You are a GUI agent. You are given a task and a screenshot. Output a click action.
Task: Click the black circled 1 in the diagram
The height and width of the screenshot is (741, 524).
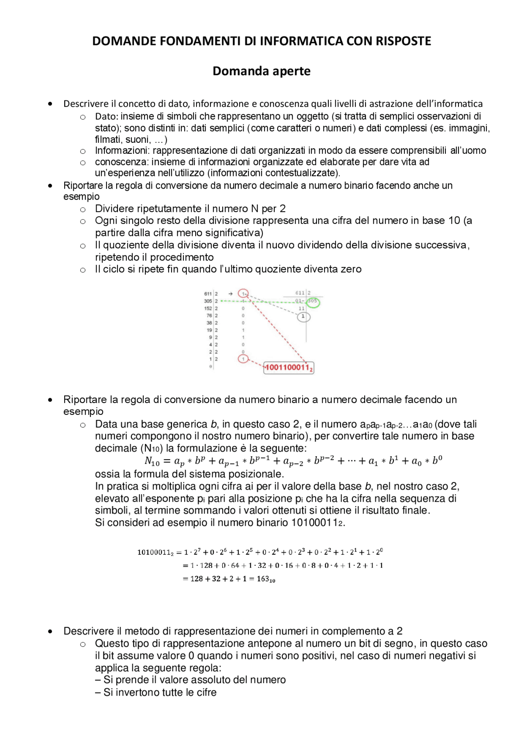(x=303, y=316)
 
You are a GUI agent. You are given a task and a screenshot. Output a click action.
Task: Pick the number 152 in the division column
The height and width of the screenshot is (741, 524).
(x=208, y=309)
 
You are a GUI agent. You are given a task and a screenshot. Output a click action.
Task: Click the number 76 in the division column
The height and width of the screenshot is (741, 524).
(x=209, y=316)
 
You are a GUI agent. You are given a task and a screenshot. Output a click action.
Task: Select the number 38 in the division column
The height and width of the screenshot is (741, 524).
(x=209, y=323)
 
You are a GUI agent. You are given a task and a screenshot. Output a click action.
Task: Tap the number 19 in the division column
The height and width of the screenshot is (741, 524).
(x=209, y=330)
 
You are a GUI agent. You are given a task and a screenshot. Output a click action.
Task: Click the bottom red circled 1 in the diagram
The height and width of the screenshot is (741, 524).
(x=243, y=359)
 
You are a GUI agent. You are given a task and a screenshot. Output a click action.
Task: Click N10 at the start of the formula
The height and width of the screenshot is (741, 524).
(x=152, y=462)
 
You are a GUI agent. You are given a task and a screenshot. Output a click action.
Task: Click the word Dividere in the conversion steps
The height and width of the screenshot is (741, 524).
(x=114, y=209)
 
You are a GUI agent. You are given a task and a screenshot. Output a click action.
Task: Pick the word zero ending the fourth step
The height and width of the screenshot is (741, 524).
(x=351, y=269)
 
